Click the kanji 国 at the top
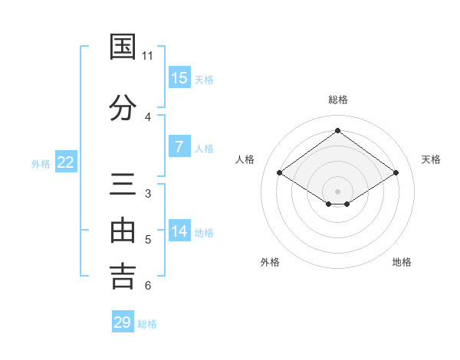pos(123,47)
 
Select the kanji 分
pos(123,108)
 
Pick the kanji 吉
pos(123,277)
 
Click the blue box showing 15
pos(179,77)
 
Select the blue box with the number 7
pos(179,147)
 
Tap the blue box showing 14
pos(179,231)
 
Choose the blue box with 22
pos(66,162)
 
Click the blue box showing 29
pos(123,322)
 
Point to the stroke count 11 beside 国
pos(147,56)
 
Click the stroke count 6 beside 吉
pos(147,286)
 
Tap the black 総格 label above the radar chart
pos(337,100)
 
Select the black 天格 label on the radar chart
pos(431,159)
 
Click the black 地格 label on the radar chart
pos(402,262)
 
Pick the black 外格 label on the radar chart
pos(270,262)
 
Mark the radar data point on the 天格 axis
pos(396,172)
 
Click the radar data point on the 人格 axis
pos(279,172)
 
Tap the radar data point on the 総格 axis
pos(337,130)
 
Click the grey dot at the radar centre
pos(337,191)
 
